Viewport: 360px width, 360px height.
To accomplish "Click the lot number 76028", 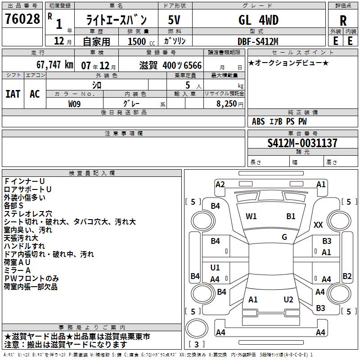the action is click(22, 19).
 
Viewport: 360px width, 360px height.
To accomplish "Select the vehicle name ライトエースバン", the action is click(117, 20).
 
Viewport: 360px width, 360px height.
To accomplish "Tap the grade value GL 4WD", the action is click(258, 20).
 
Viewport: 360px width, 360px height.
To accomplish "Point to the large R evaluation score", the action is click(343, 21).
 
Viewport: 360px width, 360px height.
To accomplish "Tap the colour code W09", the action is click(75, 103).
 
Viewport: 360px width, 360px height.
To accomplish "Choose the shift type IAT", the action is click(13, 94).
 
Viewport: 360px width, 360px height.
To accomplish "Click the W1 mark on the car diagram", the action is click(251, 216).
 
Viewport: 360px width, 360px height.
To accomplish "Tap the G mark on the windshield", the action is click(284, 237).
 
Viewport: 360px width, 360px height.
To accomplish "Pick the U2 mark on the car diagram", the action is click(288, 299).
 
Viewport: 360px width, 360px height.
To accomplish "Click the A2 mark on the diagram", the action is click(220, 184).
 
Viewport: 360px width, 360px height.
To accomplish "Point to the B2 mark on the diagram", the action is click(347, 276).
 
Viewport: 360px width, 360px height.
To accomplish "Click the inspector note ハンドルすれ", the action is click(24, 246).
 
